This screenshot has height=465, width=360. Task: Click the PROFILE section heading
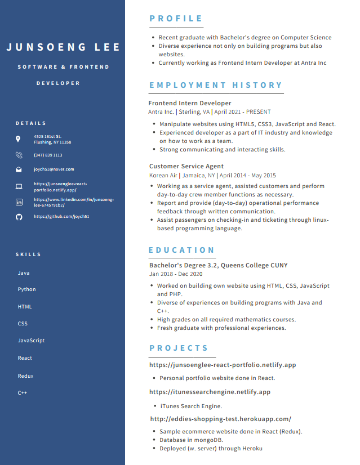(176, 19)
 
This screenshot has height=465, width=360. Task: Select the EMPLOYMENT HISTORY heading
(216, 85)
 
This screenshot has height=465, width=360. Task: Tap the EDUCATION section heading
(182, 250)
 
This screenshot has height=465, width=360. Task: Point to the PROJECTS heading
(179, 348)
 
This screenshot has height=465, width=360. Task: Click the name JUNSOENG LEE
(63, 47)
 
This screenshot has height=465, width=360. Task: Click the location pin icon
(18, 139)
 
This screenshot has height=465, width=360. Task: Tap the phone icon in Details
(19, 155)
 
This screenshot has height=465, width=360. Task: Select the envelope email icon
(19, 169)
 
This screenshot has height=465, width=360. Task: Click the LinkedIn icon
(19, 202)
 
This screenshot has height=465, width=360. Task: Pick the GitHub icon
(19, 216)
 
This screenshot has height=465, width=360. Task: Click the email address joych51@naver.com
(54, 169)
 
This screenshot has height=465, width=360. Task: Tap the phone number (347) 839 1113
(48, 155)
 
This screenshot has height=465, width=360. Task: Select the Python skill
(26, 289)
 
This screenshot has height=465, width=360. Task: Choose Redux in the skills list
(25, 376)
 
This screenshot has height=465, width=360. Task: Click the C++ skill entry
(23, 393)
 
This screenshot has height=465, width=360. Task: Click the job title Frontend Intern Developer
(190, 103)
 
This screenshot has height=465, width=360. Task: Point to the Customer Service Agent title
(186, 166)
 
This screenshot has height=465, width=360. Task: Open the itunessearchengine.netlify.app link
(210, 392)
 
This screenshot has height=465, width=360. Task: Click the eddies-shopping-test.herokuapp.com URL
(220, 419)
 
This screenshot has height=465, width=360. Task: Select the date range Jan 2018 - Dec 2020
(176, 274)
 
